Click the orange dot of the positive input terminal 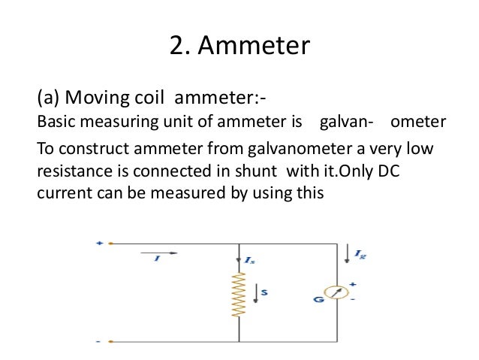(x=111, y=244)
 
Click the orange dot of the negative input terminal (x=111, y=341)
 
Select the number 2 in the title (x=176, y=47)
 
